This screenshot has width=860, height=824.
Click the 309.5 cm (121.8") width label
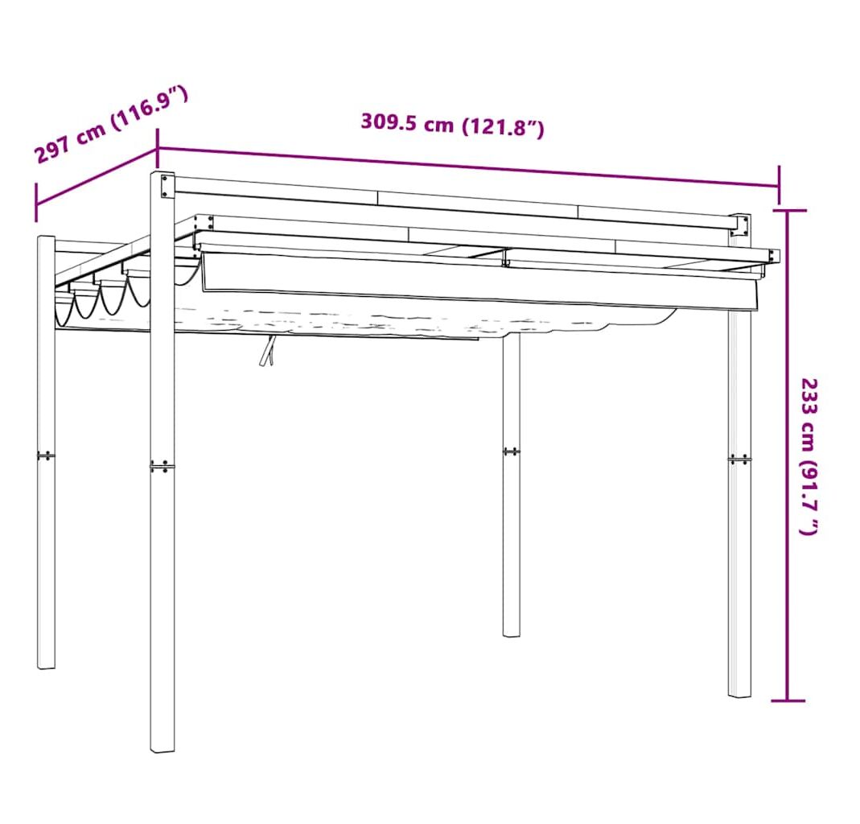[452, 126]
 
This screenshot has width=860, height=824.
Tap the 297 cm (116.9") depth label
[112, 125]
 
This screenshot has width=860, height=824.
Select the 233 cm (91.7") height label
[809, 456]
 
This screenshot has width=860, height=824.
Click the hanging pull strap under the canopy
[268, 351]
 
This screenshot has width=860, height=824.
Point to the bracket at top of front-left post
[167, 185]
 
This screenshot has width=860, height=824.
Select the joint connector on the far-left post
[46, 455]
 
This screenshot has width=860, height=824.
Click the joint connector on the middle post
[511, 451]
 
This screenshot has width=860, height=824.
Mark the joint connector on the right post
[739, 459]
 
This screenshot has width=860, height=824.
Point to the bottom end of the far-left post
[46, 666]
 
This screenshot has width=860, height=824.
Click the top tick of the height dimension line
[788, 210]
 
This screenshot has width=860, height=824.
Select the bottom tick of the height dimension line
[788, 701]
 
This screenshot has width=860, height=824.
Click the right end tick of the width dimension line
[778, 185]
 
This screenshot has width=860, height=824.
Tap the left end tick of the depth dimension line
[36, 202]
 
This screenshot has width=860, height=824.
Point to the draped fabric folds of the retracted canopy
[102, 299]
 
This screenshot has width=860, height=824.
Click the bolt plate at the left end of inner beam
[204, 223]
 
